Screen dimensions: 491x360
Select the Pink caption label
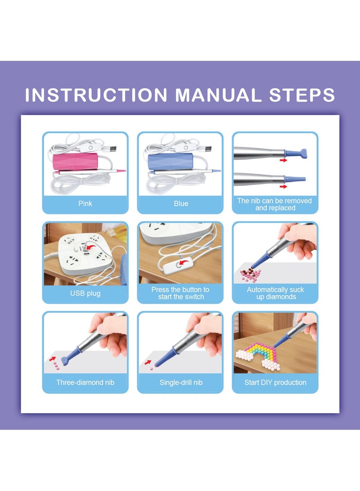(x=85, y=203)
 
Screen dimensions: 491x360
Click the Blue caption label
(x=180, y=203)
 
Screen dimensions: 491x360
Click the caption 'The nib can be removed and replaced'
(x=274, y=204)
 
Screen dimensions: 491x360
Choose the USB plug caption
(x=85, y=293)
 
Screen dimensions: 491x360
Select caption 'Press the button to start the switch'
(x=180, y=293)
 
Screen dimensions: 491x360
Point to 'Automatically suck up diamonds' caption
(x=275, y=293)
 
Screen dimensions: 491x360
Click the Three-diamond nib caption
(x=85, y=383)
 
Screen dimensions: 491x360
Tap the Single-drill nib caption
(x=181, y=383)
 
